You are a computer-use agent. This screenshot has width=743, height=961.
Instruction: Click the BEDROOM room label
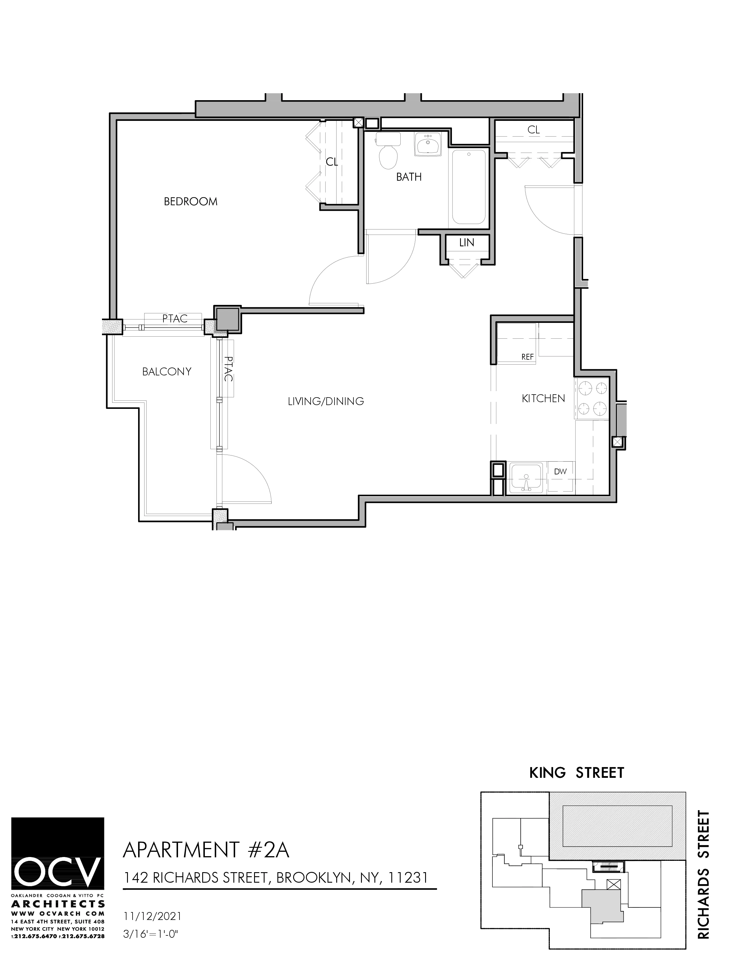click(x=190, y=202)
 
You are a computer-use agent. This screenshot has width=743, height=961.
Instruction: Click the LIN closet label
click(x=466, y=243)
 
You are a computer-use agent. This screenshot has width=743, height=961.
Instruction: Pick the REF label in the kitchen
click(x=527, y=357)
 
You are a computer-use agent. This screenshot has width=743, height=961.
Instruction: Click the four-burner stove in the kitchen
click(x=592, y=399)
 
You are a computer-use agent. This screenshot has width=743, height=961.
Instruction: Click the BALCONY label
click(x=166, y=372)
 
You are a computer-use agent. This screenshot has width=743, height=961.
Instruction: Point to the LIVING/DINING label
click(x=326, y=401)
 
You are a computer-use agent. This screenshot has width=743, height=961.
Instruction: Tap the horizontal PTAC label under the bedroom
click(x=175, y=319)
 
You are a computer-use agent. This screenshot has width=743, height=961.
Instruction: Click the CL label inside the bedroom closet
click(x=332, y=162)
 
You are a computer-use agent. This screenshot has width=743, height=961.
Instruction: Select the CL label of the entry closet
click(x=534, y=130)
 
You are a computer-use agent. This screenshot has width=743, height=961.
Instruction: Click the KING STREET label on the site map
click(x=576, y=773)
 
